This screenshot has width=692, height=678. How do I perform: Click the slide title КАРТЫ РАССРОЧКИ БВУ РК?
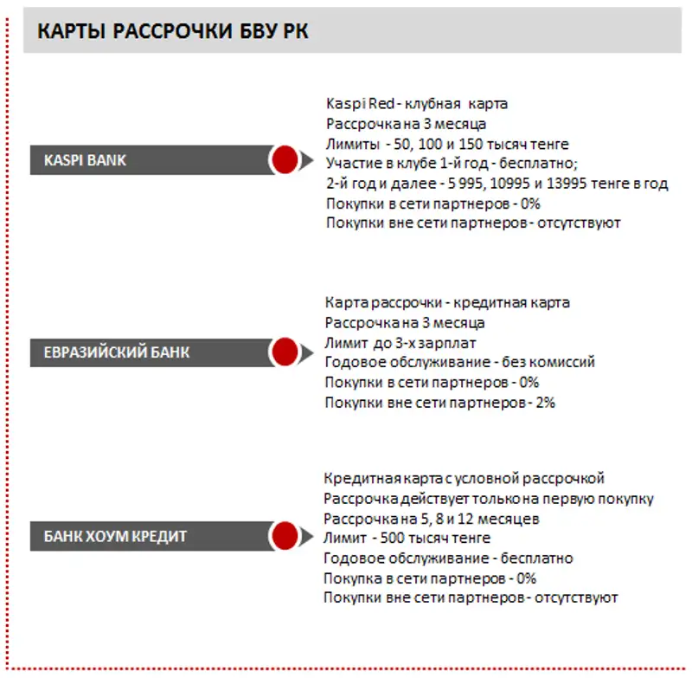(x=173, y=32)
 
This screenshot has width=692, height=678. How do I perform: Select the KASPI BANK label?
(x=85, y=160)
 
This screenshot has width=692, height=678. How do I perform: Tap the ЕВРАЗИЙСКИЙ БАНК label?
(x=117, y=352)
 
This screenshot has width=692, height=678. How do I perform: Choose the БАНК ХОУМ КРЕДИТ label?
(x=115, y=536)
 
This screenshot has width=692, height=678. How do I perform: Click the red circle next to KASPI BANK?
(x=284, y=160)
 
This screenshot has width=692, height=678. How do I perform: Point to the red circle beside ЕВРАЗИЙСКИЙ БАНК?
(x=284, y=352)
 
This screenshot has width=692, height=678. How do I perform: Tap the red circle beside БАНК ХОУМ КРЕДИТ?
(x=284, y=536)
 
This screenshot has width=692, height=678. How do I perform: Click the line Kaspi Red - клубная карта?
(x=416, y=103)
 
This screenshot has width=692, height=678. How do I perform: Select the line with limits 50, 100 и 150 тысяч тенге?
(x=447, y=143)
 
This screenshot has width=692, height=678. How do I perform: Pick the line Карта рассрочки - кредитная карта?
(x=447, y=303)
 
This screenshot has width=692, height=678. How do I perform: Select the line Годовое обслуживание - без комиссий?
(x=459, y=363)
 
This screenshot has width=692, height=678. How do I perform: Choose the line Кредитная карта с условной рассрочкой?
(x=464, y=478)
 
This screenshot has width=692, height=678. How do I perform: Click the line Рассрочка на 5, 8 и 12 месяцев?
(x=431, y=519)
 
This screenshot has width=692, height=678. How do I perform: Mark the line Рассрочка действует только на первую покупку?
(x=489, y=499)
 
